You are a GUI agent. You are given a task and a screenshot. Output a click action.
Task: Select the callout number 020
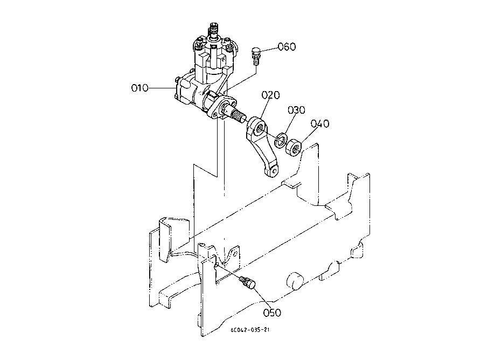(x=271, y=95)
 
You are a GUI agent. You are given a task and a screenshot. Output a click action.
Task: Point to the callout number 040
(x=319, y=124)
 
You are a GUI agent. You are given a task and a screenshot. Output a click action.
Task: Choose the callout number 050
(x=272, y=311)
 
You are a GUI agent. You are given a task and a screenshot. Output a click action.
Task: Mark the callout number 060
(x=287, y=46)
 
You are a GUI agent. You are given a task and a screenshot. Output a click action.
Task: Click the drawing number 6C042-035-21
(x=249, y=331)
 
